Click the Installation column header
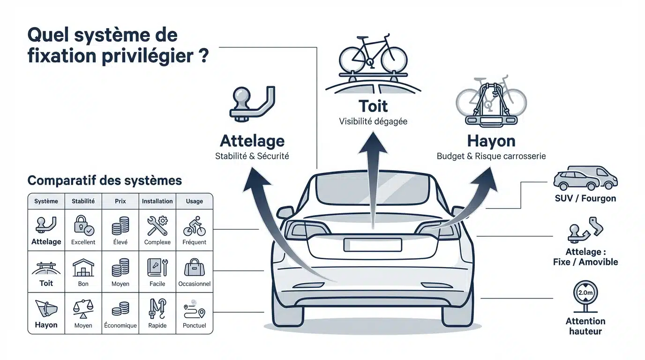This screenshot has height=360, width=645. [157, 201]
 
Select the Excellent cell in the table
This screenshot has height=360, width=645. [83, 230]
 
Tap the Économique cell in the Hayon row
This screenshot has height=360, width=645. [120, 313]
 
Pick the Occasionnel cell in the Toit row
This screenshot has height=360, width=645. [195, 272]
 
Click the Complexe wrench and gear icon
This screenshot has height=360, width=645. [157, 226]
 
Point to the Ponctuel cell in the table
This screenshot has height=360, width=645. [195, 313]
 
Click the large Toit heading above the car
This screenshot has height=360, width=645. [373, 106]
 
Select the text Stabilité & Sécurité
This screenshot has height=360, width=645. [252, 156]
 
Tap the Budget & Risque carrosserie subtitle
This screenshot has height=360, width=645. [491, 156]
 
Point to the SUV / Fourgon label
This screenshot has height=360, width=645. [585, 198]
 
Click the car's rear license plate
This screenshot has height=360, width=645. [373, 245]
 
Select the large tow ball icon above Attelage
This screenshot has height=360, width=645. [252, 104]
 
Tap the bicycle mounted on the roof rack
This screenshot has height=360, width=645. [373, 55]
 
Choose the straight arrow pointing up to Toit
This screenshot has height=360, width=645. [373, 180]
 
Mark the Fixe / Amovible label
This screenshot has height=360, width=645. [585, 262]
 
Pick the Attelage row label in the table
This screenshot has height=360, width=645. [46, 241]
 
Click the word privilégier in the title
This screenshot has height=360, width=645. [148, 56]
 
